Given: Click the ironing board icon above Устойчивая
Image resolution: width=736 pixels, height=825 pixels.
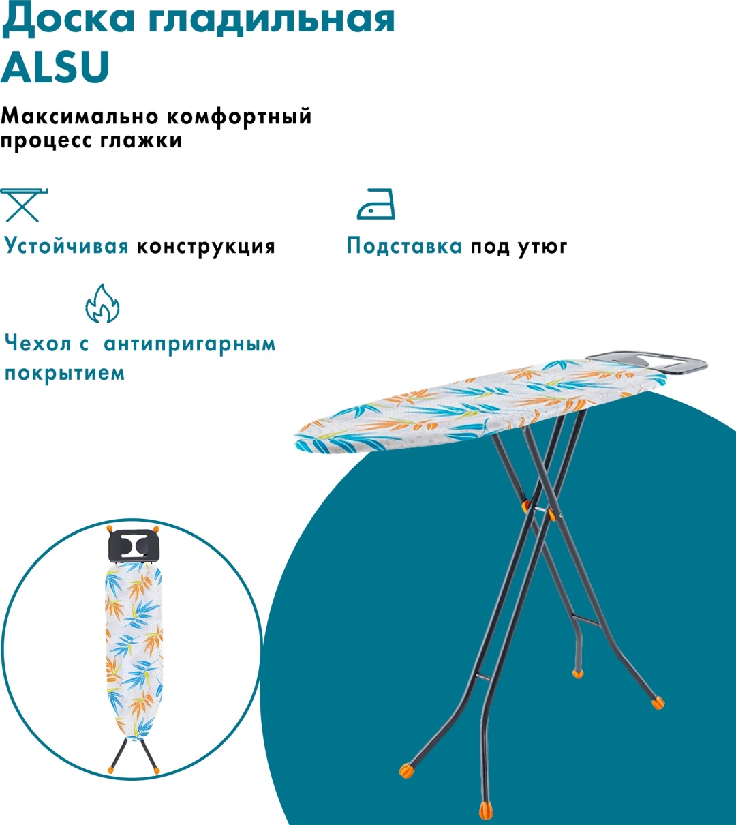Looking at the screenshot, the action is pos(24,205).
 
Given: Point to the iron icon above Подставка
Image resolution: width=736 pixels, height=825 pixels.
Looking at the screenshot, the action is pos(375,204).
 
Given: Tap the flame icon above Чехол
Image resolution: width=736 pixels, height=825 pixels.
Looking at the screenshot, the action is pos(102,303).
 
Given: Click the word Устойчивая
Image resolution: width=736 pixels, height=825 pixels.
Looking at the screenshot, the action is pos(66,246).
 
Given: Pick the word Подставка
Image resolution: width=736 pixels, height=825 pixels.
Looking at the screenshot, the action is pos(404,246).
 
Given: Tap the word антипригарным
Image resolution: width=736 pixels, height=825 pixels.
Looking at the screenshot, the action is pos(189,344).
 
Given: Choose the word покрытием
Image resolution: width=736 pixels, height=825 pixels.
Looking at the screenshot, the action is pos(65,373).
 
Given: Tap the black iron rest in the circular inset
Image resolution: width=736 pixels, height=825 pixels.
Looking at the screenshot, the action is pos(133,546).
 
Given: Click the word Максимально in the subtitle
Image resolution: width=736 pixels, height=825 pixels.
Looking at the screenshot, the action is pos(79,117).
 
